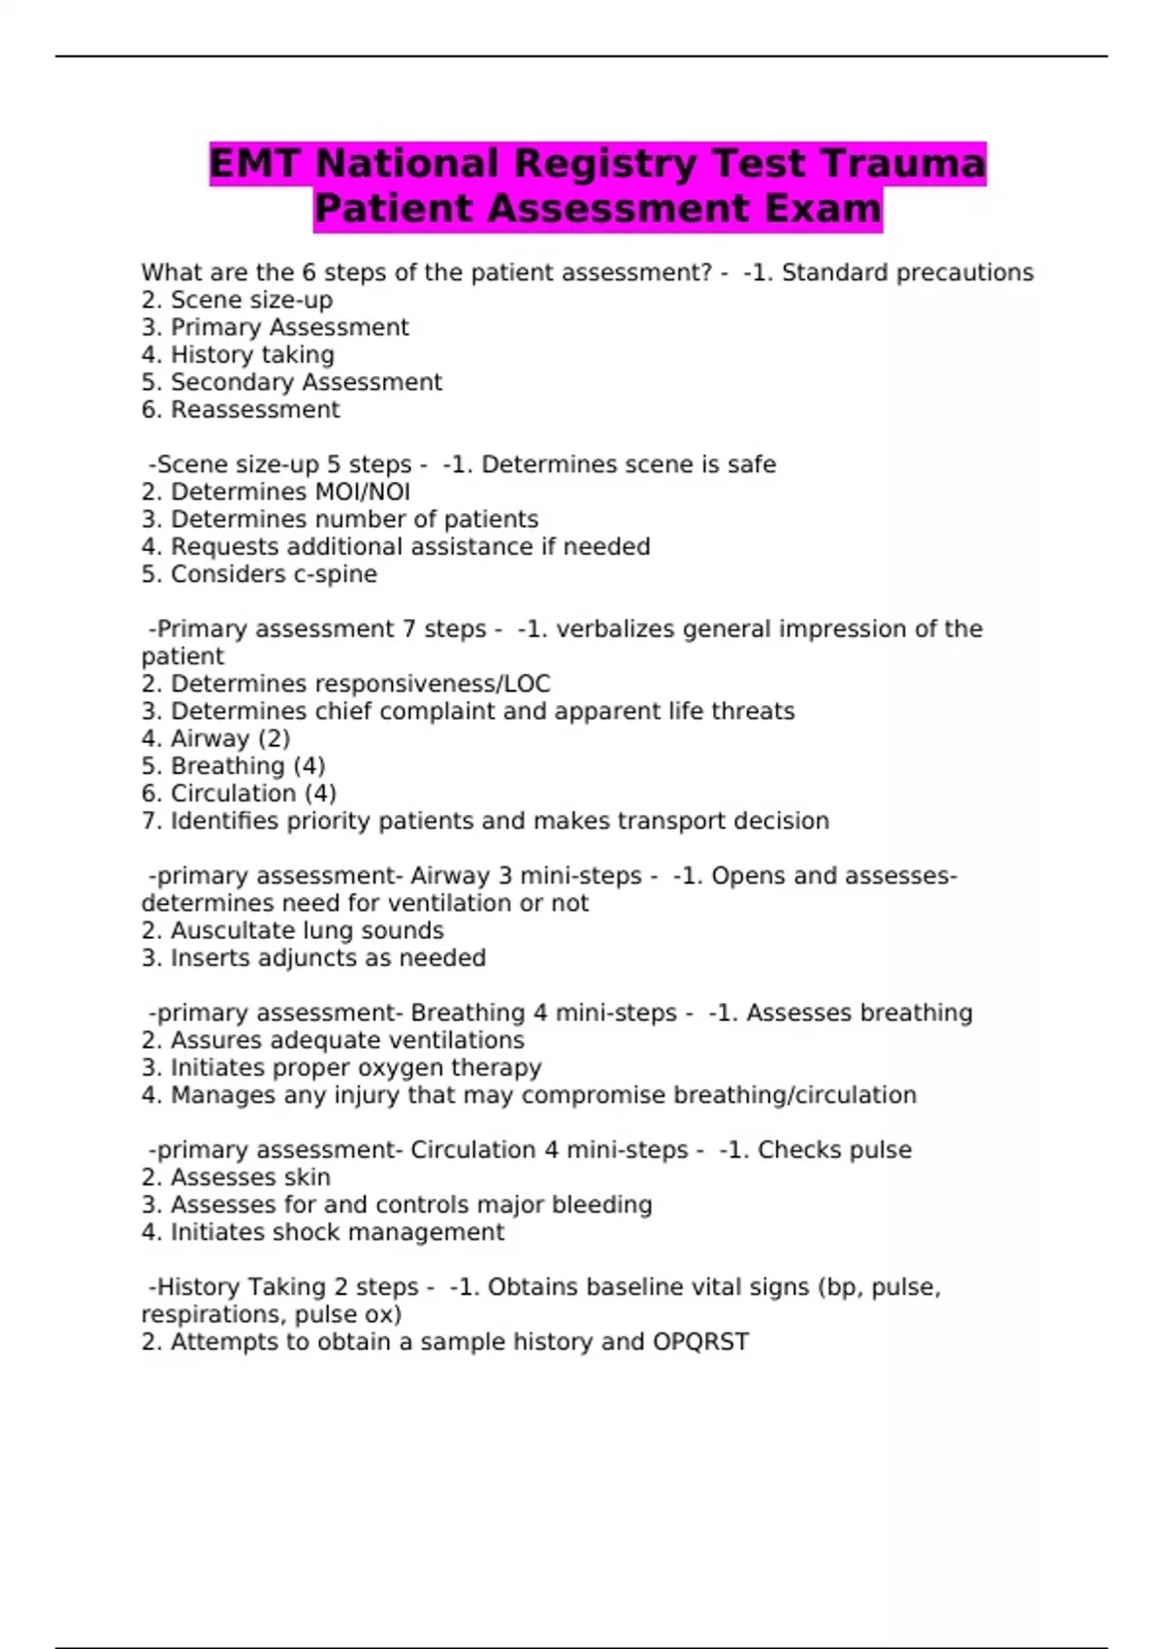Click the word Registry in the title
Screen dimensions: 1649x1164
click(x=603, y=164)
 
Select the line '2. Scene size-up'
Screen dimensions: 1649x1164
click(x=237, y=301)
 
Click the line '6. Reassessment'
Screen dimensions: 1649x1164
click(x=241, y=410)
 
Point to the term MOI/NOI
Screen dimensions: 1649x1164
click(x=362, y=493)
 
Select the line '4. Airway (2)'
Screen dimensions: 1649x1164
click(x=215, y=739)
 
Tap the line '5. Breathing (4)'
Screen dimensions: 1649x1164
click(x=233, y=766)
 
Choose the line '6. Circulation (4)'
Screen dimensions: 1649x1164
click(x=239, y=793)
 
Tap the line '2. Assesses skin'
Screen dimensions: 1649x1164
click(x=236, y=1178)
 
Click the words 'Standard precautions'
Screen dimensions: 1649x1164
click(x=907, y=274)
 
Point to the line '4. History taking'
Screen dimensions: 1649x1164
click(x=238, y=355)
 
